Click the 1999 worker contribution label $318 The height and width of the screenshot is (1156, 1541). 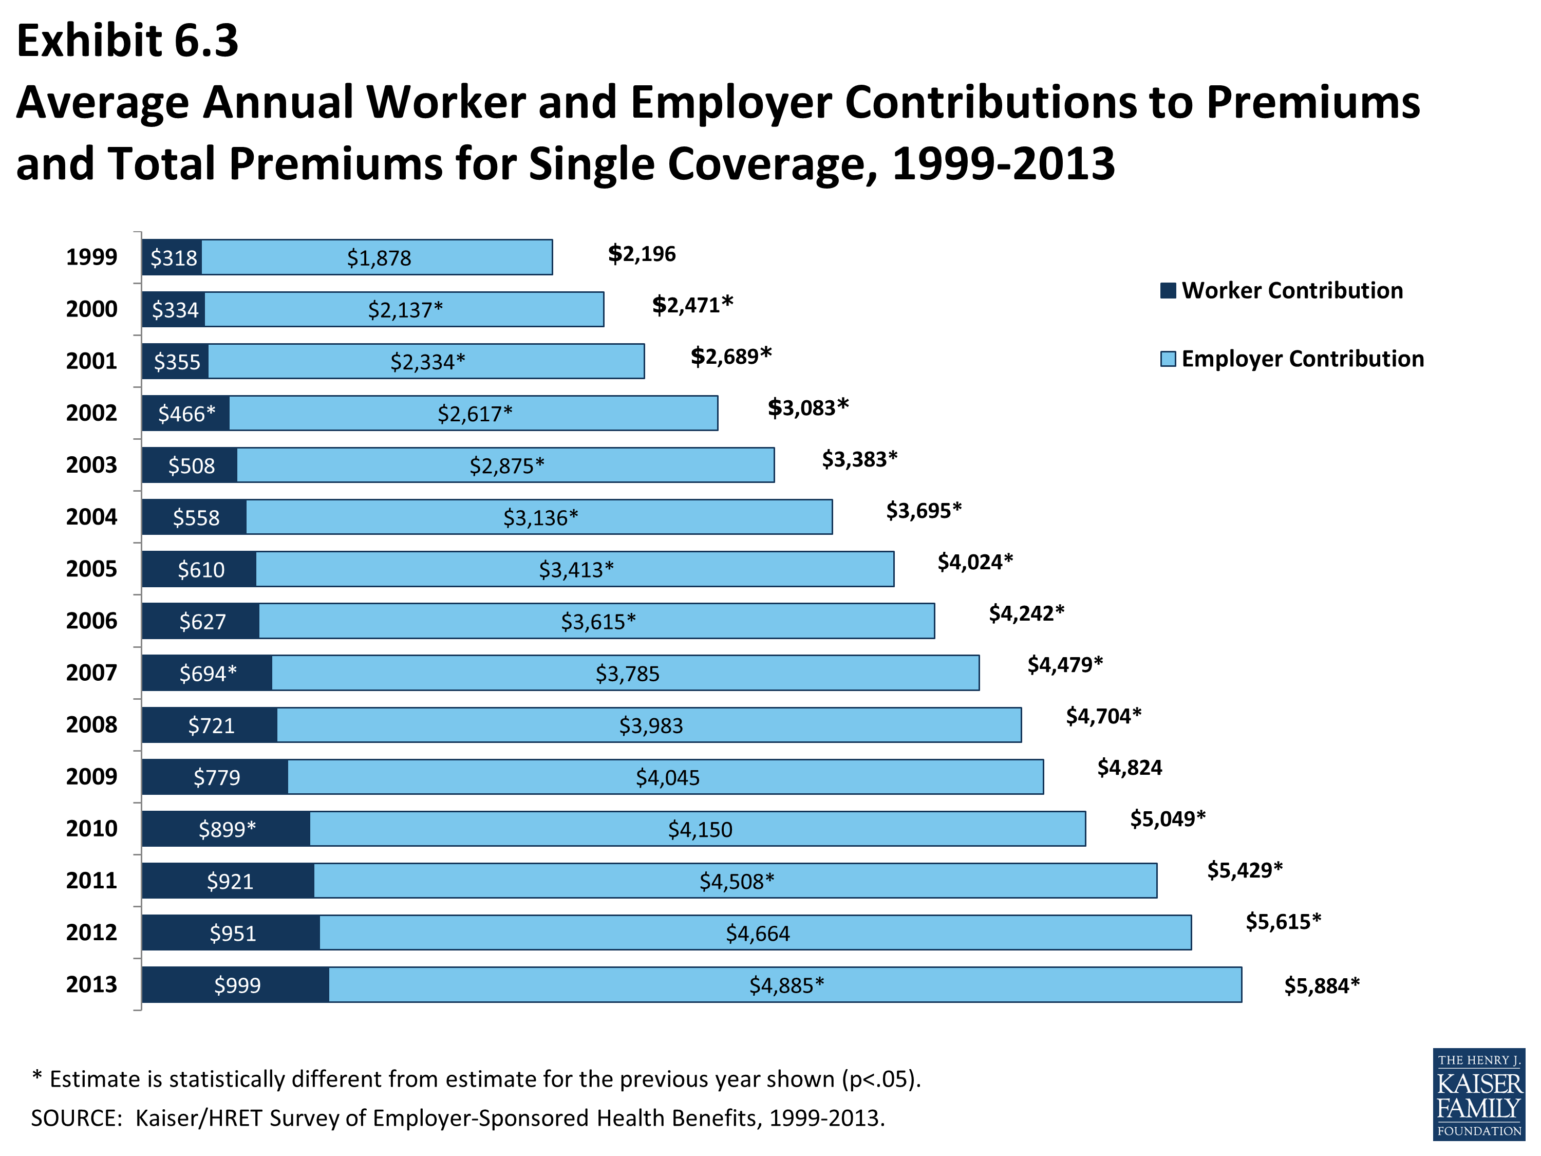coord(174,258)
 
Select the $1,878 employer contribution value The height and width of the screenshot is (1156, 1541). coord(379,258)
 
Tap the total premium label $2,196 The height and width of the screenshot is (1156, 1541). coord(642,254)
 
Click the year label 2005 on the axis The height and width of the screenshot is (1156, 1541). coord(91,569)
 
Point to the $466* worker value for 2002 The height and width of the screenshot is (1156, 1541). coord(186,414)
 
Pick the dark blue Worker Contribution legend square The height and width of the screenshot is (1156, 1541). coord(1168,291)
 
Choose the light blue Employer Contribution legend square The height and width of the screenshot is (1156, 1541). coord(1168,359)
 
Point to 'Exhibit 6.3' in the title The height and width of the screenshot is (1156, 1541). coord(127,41)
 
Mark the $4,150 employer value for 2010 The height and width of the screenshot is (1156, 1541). coord(700,829)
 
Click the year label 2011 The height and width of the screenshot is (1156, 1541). coord(91,880)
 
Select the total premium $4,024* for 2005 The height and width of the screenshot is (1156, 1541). coord(974,562)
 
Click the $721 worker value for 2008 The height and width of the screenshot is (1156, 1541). coord(211,725)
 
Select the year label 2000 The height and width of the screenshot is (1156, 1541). coord(91,309)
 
